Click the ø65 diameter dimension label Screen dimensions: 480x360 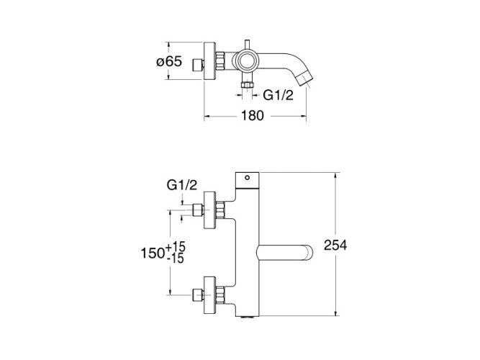169,62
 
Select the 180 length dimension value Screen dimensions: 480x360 253,116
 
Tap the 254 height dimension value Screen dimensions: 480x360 335,245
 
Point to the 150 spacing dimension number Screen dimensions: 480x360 152,253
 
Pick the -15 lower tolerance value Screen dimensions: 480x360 176,259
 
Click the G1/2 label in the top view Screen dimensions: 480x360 279,95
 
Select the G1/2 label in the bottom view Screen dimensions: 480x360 182,185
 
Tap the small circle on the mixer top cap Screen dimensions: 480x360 248,177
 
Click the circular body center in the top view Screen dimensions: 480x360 246,61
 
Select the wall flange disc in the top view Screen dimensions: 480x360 210,61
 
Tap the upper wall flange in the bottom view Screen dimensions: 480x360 210,210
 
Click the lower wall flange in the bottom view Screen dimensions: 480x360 210,294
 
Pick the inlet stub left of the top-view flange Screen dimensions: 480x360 198,66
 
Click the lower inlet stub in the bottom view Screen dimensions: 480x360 198,294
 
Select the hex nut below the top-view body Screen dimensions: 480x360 246,85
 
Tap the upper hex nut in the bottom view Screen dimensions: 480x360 220,210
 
